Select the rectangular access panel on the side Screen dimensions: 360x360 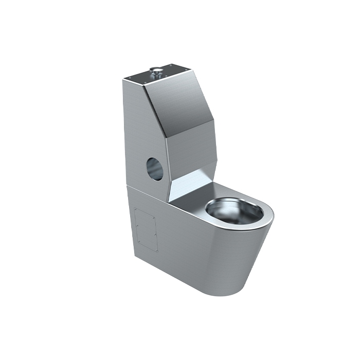click(145, 228)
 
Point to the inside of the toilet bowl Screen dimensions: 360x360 click(230, 211)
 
